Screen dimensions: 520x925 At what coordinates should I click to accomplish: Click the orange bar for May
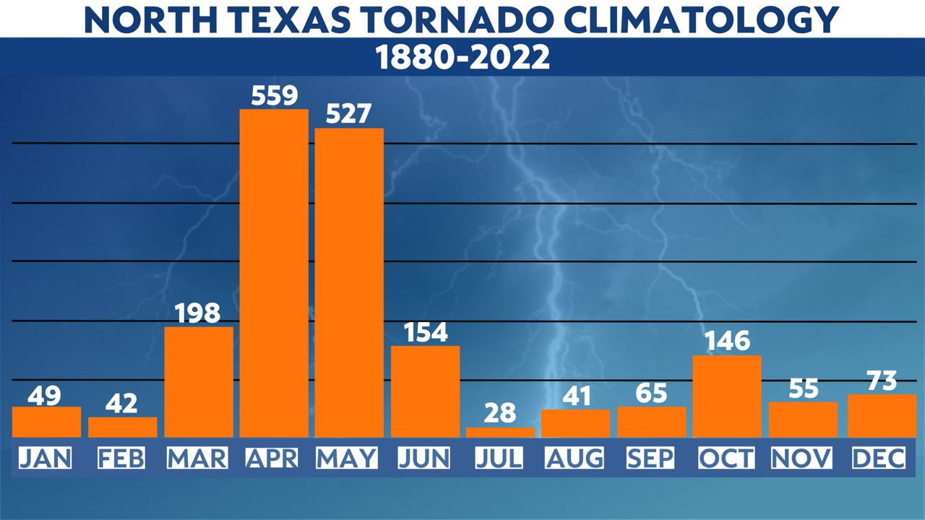pos(349,282)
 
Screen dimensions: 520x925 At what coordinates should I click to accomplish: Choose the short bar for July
pos(500,432)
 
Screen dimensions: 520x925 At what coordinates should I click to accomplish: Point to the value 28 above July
pos(500,413)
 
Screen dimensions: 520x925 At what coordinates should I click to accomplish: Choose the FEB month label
pos(122,458)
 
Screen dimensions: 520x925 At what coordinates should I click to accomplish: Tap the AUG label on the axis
pos(575,458)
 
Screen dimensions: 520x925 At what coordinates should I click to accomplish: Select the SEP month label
pos(651,458)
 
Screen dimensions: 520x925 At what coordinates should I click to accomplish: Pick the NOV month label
pos(802,458)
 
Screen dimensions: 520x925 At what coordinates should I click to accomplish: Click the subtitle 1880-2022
pos(462,58)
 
